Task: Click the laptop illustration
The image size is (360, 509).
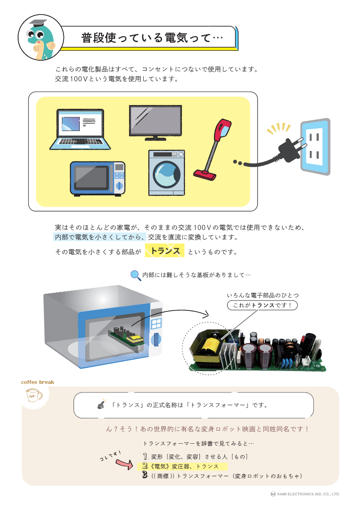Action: tap(80, 129)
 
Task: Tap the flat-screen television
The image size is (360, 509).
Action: tap(155, 122)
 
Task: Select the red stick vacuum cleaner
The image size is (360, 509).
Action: tap(212, 147)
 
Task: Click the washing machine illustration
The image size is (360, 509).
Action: tap(166, 173)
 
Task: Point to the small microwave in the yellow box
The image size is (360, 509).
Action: tap(97, 178)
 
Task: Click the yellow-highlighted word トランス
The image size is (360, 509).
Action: tap(165, 251)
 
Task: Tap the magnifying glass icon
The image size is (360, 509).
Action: tap(135, 275)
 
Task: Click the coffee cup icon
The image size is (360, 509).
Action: tap(34, 396)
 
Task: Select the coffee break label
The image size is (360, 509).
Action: tap(38, 382)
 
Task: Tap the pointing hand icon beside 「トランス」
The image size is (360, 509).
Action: tap(101, 405)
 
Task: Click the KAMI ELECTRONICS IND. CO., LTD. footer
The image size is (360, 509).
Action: tap(305, 494)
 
